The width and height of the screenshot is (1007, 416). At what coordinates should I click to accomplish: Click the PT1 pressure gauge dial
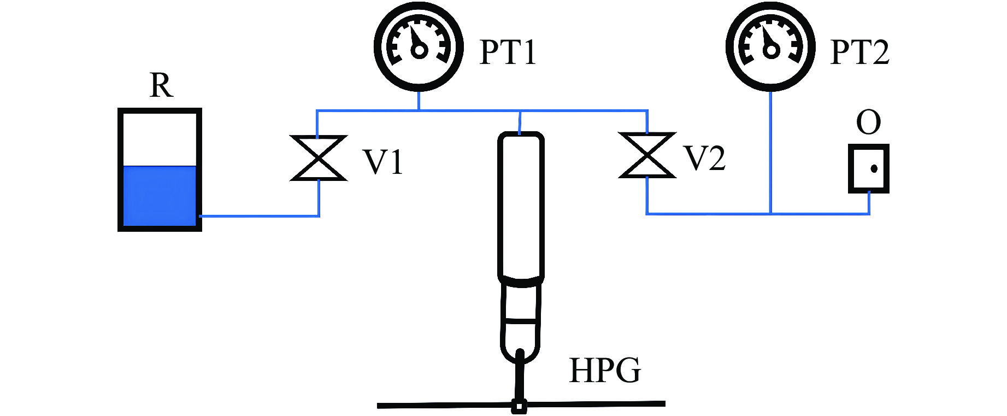click(x=419, y=46)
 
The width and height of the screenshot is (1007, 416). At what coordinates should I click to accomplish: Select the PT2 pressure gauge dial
click(x=770, y=46)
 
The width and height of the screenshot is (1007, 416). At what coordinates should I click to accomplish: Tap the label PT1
click(x=508, y=52)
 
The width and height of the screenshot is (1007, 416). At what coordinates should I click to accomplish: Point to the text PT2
click(x=859, y=52)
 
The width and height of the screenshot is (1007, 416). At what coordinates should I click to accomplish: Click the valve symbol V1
click(x=319, y=158)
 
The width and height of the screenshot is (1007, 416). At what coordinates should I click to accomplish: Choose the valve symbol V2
click(x=647, y=155)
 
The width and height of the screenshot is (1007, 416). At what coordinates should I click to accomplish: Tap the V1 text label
click(x=383, y=162)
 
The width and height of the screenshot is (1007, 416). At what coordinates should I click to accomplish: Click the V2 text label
click(x=705, y=159)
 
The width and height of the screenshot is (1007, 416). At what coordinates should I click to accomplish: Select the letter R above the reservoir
click(x=161, y=86)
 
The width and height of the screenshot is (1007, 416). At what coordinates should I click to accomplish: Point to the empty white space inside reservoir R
click(x=160, y=139)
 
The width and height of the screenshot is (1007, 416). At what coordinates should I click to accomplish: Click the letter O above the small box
click(x=868, y=122)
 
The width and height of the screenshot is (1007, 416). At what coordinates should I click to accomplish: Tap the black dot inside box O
click(x=874, y=169)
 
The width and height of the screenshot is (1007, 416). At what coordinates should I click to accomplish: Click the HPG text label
click(x=604, y=371)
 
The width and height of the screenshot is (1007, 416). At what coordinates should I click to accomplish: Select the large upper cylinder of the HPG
click(x=521, y=205)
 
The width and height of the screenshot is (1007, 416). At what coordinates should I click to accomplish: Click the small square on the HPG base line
click(x=519, y=407)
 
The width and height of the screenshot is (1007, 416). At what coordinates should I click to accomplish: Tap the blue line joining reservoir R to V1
click(x=257, y=216)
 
